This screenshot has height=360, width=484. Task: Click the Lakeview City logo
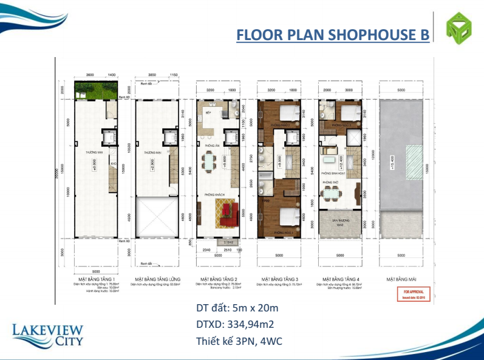coord(47,334)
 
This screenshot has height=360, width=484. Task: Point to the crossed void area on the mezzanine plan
coord(155,216)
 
